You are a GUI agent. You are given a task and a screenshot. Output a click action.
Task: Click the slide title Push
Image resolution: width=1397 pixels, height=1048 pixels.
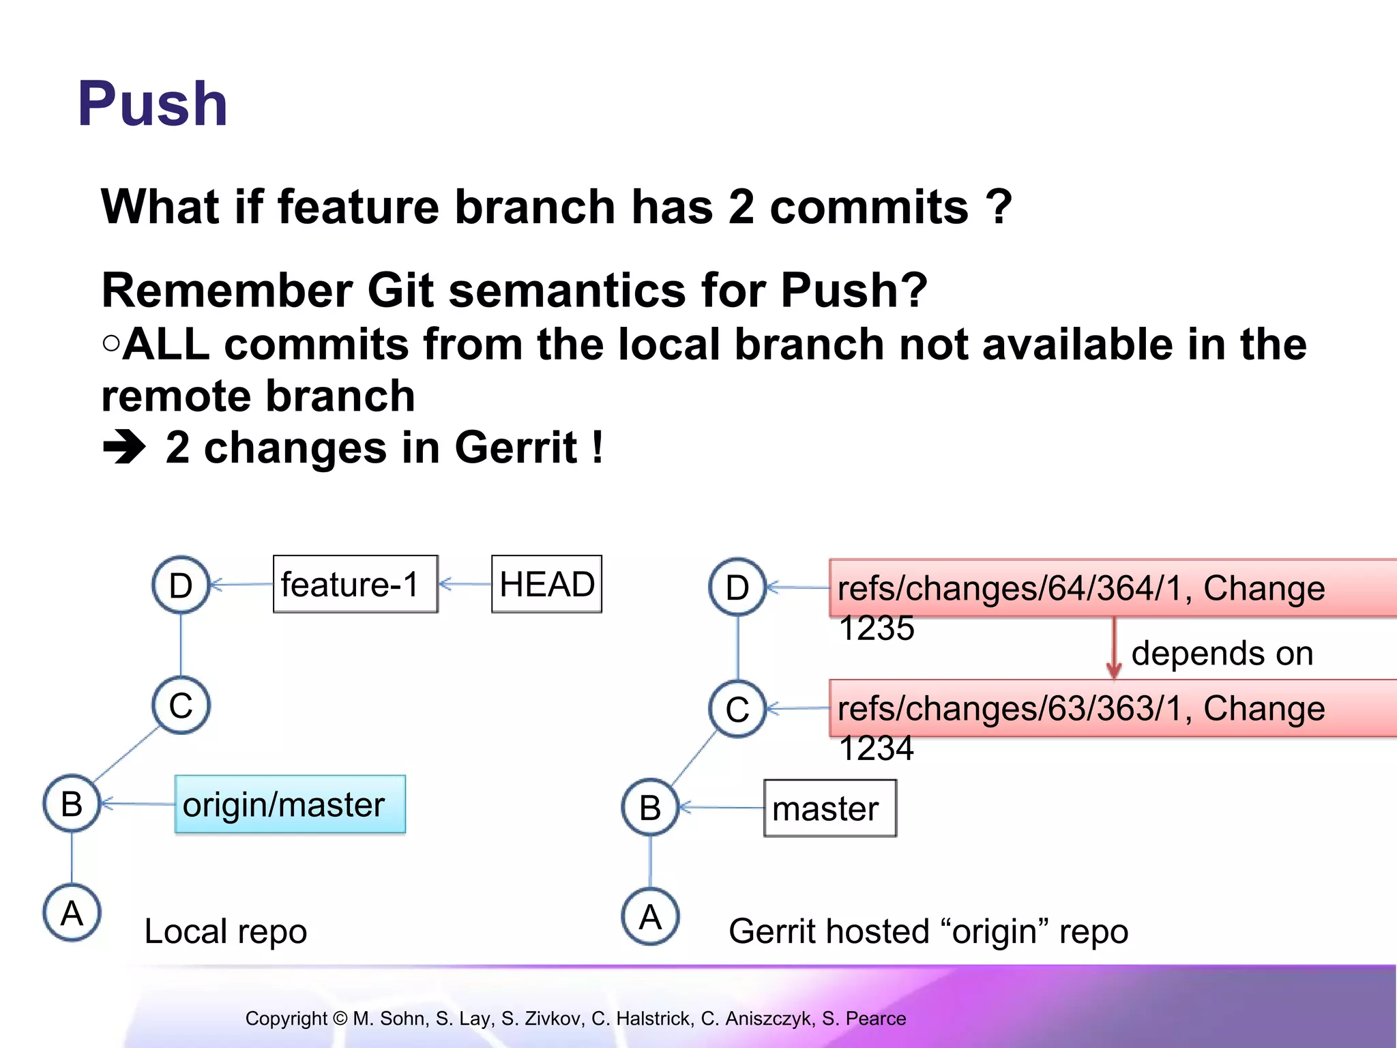(x=152, y=104)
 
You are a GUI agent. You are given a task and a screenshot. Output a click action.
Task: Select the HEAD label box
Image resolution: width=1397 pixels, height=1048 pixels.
(x=546, y=584)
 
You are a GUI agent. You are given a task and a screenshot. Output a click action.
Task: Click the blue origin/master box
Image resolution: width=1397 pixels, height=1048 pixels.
(x=290, y=804)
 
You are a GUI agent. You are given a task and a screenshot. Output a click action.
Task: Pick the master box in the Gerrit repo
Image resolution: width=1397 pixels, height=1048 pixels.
(x=829, y=809)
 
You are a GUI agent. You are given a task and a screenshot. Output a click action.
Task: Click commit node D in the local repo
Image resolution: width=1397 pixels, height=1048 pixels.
(x=181, y=585)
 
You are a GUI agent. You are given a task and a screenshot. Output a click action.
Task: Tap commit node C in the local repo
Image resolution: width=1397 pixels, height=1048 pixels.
(x=181, y=705)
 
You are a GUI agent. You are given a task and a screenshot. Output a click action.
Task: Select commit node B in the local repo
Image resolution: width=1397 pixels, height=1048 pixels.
(x=72, y=803)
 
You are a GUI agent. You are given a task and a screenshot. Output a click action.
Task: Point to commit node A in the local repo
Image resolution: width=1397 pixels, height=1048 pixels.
(x=72, y=913)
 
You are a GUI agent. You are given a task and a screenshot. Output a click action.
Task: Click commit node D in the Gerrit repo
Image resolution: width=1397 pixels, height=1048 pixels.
(x=737, y=587)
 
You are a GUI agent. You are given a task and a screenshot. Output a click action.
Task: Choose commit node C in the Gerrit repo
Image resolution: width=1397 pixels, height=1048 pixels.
(x=737, y=709)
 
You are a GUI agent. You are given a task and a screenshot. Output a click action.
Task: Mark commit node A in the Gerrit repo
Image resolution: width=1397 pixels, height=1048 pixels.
(x=650, y=916)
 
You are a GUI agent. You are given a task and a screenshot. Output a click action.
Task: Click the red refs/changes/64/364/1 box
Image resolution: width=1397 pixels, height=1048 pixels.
(x=1112, y=588)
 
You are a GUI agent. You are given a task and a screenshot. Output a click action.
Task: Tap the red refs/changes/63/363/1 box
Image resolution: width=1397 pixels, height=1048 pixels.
(x=1112, y=708)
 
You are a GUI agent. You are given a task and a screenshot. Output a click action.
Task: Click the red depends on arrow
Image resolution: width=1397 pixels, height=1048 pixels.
(x=1114, y=648)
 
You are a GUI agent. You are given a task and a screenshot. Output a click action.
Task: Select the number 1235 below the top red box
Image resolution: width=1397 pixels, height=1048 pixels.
(x=876, y=628)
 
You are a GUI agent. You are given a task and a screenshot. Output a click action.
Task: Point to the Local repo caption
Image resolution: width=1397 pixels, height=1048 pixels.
(x=226, y=931)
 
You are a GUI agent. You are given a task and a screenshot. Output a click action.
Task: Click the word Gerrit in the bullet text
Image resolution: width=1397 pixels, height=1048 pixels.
(x=516, y=448)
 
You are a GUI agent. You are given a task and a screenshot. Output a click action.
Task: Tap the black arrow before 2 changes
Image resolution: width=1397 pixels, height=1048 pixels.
(x=124, y=448)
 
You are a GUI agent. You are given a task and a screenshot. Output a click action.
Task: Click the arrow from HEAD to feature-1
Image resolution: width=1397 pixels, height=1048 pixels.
(x=465, y=584)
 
